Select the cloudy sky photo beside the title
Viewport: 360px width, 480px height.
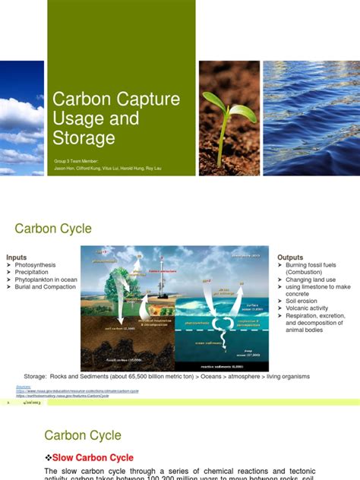pyautogui.click(x=22, y=118)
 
